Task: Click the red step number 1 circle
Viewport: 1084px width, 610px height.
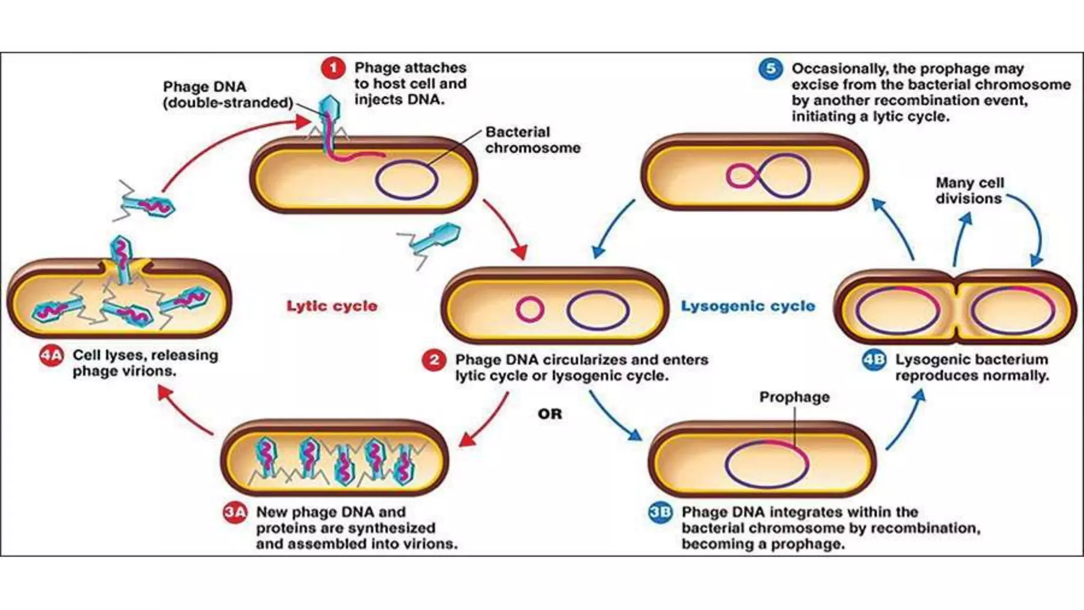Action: tap(333, 68)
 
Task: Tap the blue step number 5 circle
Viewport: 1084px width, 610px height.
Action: tap(770, 69)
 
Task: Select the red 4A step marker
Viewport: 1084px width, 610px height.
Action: tap(51, 356)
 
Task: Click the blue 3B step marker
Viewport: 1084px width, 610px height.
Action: tap(661, 513)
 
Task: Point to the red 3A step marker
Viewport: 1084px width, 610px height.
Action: tap(234, 513)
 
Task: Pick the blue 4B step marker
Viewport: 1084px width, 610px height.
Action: tap(874, 360)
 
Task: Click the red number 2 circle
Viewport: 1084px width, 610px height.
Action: tap(433, 361)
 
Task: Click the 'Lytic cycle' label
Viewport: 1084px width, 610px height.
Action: tap(332, 306)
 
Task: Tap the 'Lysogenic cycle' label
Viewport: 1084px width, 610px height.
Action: tap(747, 306)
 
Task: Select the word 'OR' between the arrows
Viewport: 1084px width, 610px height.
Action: tap(549, 414)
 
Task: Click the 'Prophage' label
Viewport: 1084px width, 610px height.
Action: tap(794, 397)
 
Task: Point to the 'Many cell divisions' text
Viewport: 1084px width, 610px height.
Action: tap(969, 191)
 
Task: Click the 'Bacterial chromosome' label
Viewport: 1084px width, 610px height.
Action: tap(532, 140)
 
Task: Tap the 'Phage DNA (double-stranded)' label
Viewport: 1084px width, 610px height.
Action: tap(228, 95)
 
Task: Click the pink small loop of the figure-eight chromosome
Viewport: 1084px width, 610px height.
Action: tap(741, 176)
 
